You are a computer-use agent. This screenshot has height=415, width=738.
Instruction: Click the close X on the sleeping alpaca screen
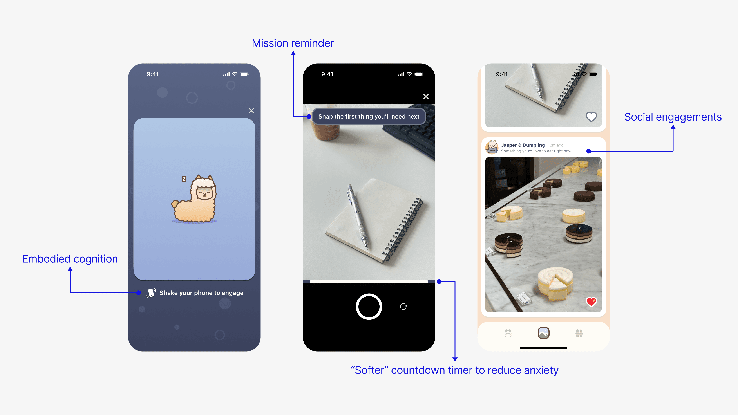(x=251, y=110)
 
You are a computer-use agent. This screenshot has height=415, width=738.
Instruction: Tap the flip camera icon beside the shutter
(x=403, y=307)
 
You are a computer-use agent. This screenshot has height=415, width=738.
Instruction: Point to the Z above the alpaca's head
(x=184, y=179)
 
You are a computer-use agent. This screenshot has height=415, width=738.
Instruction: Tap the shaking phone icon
(x=151, y=293)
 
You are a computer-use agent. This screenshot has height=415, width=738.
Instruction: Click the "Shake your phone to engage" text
(x=201, y=293)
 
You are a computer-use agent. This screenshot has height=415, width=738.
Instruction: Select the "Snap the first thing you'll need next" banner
(x=369, y=117)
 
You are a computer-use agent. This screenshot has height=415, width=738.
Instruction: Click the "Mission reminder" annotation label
(x=293, y=43)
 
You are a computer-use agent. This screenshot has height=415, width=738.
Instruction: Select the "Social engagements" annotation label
(x=673, y=117)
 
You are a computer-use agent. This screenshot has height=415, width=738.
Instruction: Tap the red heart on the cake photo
(x=591, y=301)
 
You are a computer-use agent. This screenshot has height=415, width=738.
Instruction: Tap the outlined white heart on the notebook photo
(x=591, y=117)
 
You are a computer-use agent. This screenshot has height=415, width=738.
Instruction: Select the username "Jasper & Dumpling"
(x=523, y=145)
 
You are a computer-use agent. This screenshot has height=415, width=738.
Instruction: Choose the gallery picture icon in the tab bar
(x=543, y=333)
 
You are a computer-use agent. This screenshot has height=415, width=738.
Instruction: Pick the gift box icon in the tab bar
(x=579, y=333)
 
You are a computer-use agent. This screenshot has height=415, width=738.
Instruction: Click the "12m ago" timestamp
(x=556, y=145)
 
